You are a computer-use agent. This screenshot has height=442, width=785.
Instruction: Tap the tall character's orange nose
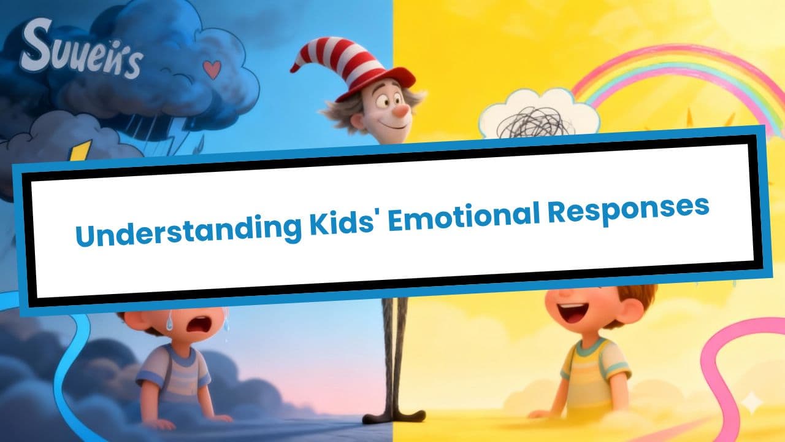click(401, 111)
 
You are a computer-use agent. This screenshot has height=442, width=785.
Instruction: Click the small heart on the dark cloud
click(212, 70)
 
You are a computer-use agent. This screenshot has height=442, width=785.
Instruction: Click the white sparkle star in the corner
click(752, 403)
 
